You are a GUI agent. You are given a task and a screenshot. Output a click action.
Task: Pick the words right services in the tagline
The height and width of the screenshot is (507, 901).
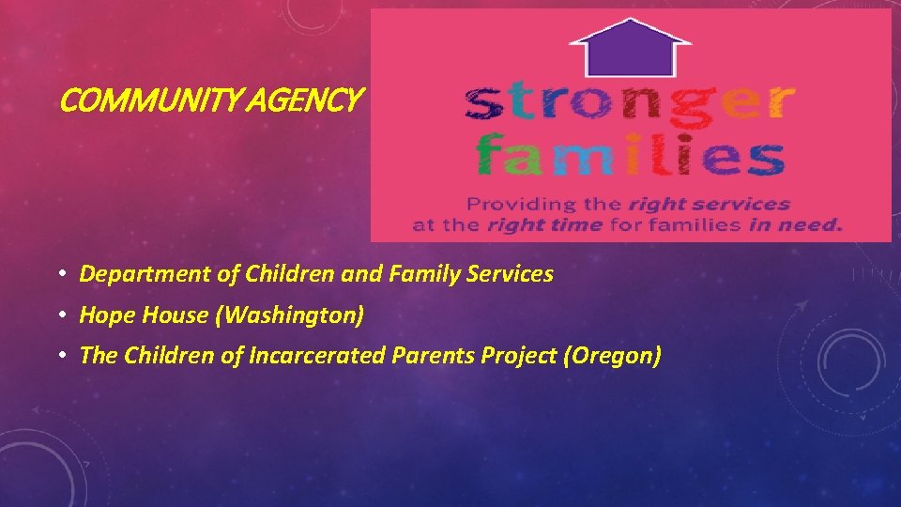tap(709, 204)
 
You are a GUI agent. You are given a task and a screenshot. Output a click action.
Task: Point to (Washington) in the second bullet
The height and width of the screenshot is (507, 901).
tap(289, 315)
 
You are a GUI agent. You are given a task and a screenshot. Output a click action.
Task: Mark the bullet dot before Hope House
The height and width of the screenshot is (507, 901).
tap(59, 315)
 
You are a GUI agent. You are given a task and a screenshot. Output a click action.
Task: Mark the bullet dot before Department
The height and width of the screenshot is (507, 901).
tap(59, 274)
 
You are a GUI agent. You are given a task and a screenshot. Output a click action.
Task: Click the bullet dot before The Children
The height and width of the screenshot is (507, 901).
tap(59, 356)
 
